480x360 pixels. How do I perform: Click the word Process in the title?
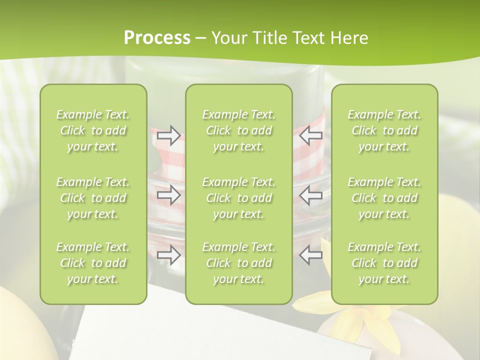pyautogui.click(x=157, y=38)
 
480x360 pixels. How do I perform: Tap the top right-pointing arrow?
pyautogui.click(x=169, y=135)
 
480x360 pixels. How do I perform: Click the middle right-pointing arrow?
pyautogui.click(x=169, y=195)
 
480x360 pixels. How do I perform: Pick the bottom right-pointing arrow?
pyautogui.click(x=169, y=255)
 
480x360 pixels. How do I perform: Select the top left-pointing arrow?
pyautogui.click(x=311, y=135)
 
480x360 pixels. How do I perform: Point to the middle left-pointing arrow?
pyautogui.click(x=311, y=195)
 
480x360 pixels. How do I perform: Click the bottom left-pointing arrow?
pyautogui.click(x=311, y=255)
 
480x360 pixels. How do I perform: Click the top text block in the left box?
pyautogui.click(x=93, y=130)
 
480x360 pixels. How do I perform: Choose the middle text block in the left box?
pyautogui.click(x=93, y=198)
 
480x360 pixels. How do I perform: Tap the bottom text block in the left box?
pyautogui.click(x=93, y=263)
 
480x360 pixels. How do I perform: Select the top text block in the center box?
pyautogui.click(x=239, y=130)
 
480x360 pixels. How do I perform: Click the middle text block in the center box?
pyautogui.click(x=239, y=198)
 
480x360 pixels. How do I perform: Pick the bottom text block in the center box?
pyautogui.click(x=239, y=263)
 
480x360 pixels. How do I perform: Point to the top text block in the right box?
pyautogui.click(x=384, y=130)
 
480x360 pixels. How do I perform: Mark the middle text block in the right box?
pyautogui.click(x=384, y=198)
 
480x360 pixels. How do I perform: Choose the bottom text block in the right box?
pyautogui.click(x=384, y=263)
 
